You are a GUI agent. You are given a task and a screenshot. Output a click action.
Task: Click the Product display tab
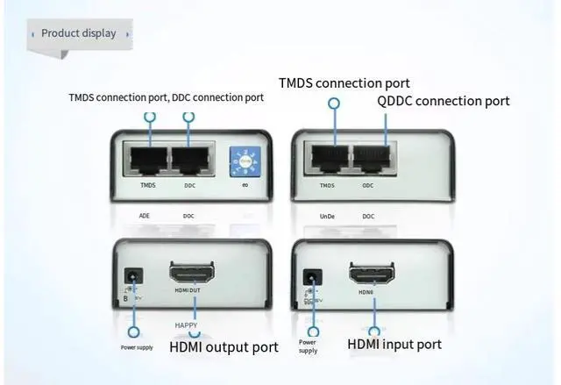pos(78,33)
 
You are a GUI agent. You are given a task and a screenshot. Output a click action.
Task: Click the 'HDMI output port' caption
pos(224,347)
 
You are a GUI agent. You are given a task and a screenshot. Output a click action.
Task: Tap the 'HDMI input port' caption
pos(394,344)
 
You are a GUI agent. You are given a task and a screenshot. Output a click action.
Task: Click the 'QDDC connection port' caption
pos(443,101)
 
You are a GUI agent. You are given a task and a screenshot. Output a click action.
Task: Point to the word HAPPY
pos(185,325)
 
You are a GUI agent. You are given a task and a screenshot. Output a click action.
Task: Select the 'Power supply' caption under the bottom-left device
pos(137,347)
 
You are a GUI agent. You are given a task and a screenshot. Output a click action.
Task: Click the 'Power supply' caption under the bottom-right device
pos(308,346)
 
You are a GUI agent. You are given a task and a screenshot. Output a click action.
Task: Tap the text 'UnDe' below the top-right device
pos(328,216)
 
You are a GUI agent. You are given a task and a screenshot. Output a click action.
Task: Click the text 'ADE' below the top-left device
pos(145,216)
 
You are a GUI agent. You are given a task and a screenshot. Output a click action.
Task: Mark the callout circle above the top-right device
pos(334,103)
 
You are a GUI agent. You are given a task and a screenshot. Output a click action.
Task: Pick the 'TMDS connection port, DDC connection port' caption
pos(166,96)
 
